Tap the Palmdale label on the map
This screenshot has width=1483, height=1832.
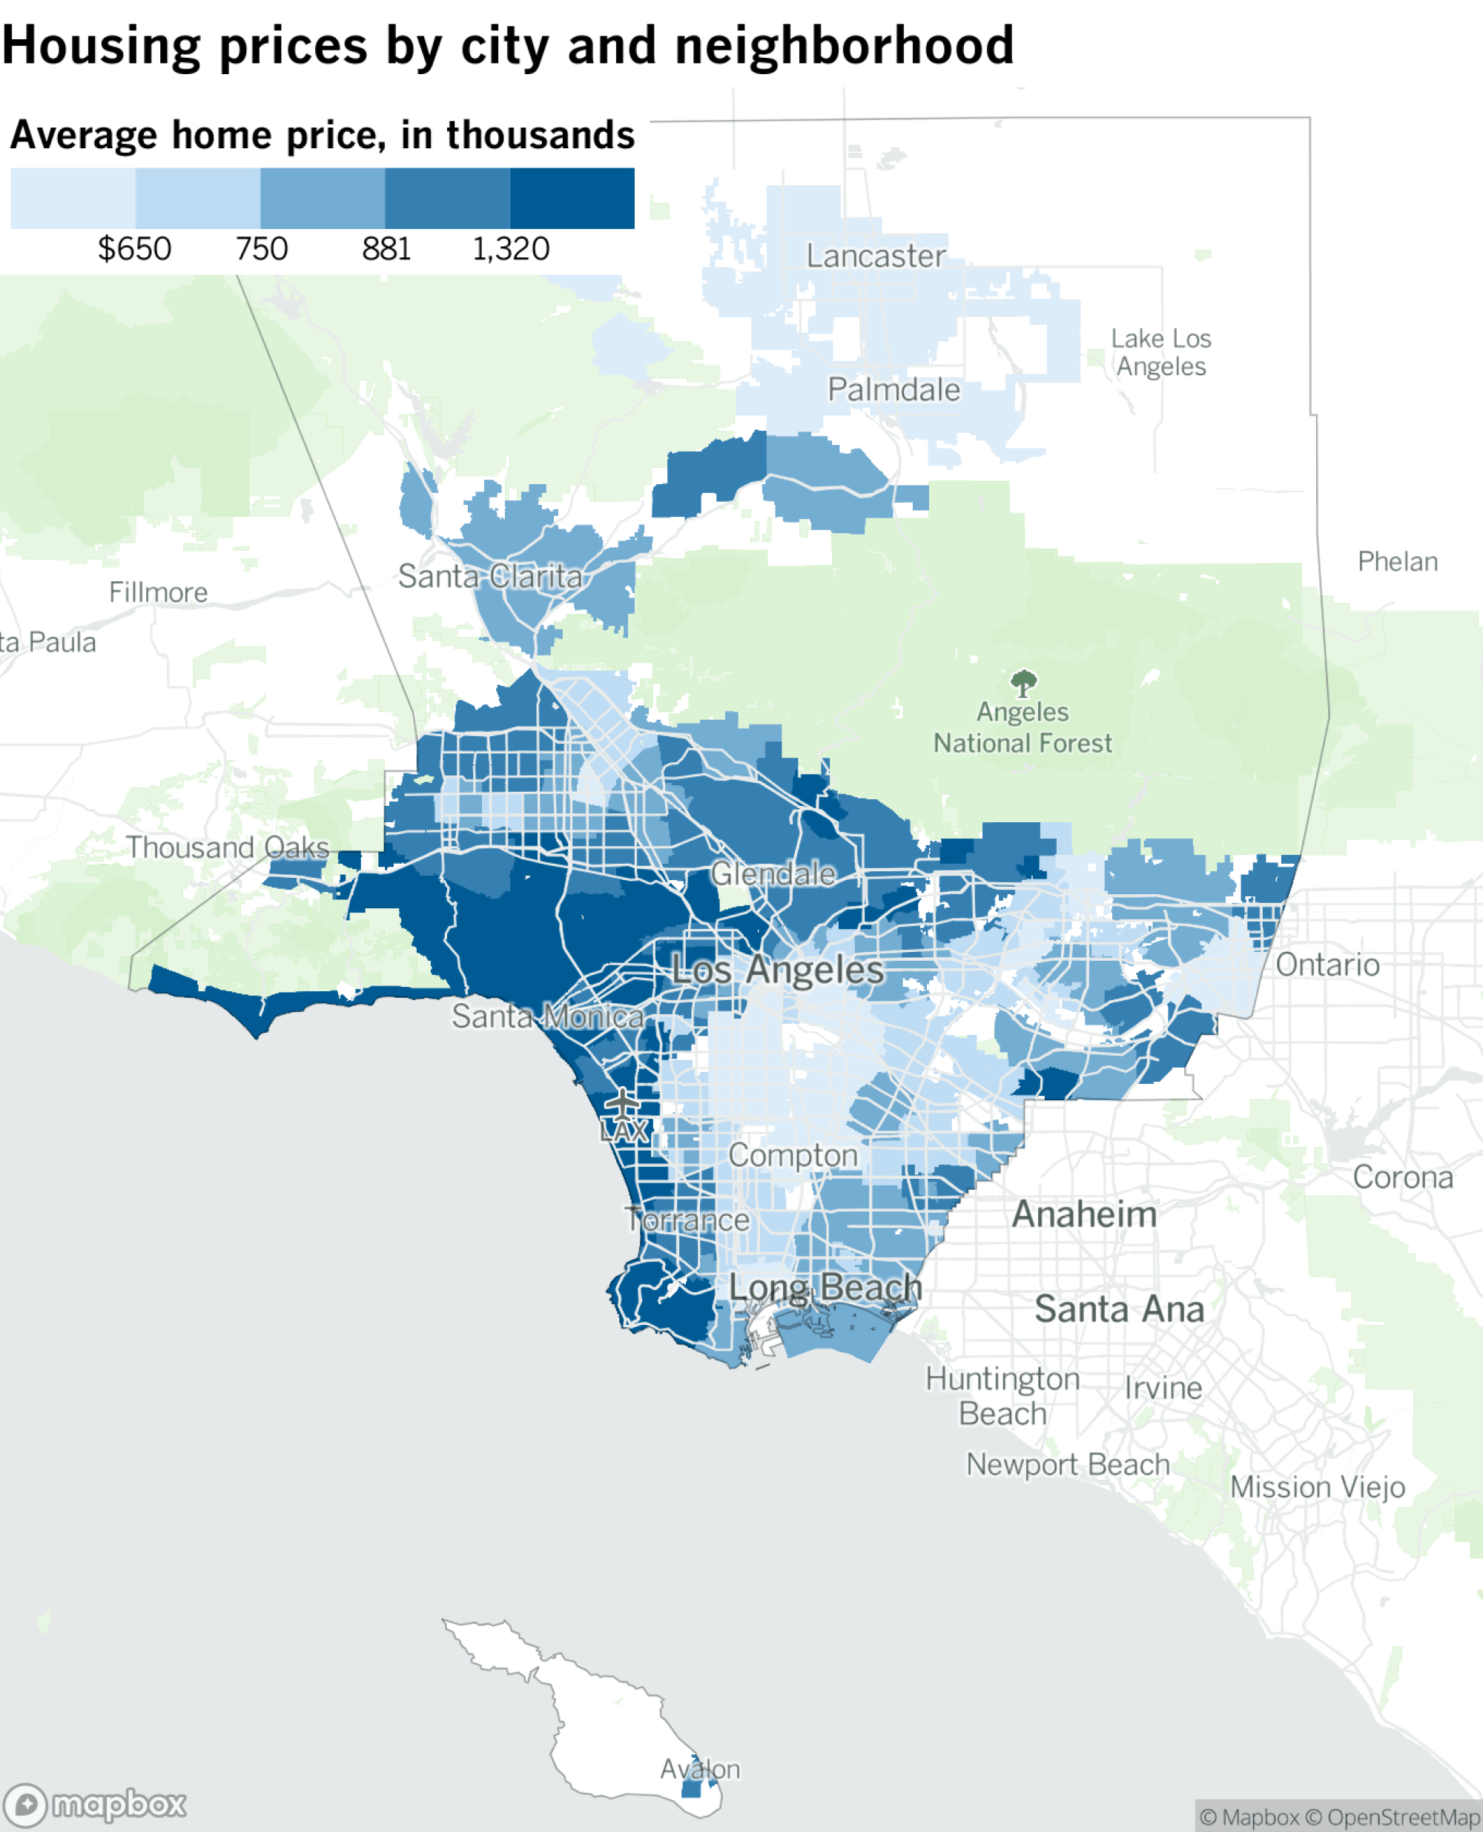(894, 390)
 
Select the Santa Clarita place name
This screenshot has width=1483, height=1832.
(490, 577)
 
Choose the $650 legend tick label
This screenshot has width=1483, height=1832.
(134, 249)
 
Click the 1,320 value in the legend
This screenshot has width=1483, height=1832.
(511, 249)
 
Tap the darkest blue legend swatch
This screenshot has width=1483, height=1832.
(572, 198)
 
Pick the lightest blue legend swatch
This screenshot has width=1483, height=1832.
(73, 198)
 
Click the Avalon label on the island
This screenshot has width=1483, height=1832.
(700, 1769)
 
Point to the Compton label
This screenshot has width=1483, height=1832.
(793, 1156)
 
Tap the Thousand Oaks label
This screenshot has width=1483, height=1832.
(227, 848)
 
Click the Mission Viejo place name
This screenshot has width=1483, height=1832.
(1317, 1487)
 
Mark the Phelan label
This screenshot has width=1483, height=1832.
(1398, 562)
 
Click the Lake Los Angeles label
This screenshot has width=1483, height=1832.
(1161, 353)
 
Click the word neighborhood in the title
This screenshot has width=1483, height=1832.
(844, 45)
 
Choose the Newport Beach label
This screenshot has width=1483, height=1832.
(1068, 1465)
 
